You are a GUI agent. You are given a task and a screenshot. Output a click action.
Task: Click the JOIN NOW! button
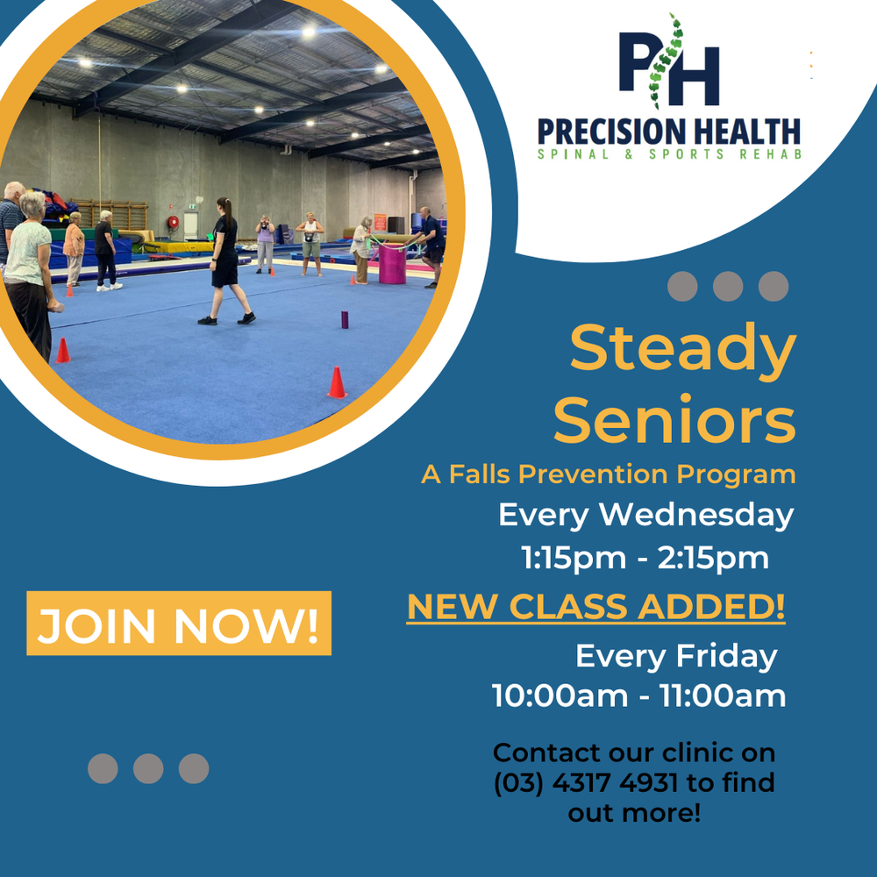(179, 624)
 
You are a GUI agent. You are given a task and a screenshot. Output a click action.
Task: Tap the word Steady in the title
(682, 348)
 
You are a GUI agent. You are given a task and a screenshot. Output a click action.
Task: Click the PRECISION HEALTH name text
(668, 132)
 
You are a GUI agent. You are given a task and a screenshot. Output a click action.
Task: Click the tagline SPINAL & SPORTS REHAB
(668, 155)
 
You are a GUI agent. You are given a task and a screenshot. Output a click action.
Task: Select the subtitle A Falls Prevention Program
(608, 474)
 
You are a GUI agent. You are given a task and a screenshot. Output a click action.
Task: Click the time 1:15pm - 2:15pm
(645, 558)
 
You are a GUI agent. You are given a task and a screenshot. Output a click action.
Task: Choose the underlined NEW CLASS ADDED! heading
(596, 607)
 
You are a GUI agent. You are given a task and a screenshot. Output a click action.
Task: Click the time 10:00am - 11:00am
(638, 696)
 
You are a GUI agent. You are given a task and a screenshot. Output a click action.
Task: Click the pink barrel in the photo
(392, 263)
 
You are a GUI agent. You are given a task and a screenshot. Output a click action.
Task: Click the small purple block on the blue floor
(344, 319)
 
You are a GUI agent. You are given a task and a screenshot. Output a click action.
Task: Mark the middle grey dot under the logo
(728, 287)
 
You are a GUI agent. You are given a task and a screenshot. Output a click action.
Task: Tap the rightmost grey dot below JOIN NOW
(194, 768)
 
